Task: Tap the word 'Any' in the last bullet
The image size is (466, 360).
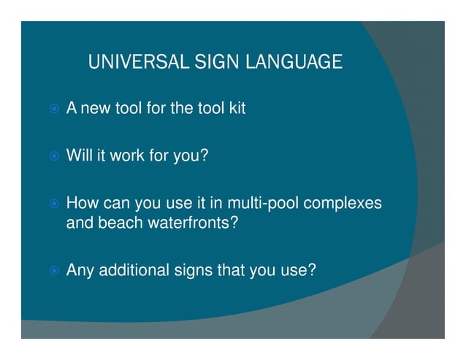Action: click(80, 271)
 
